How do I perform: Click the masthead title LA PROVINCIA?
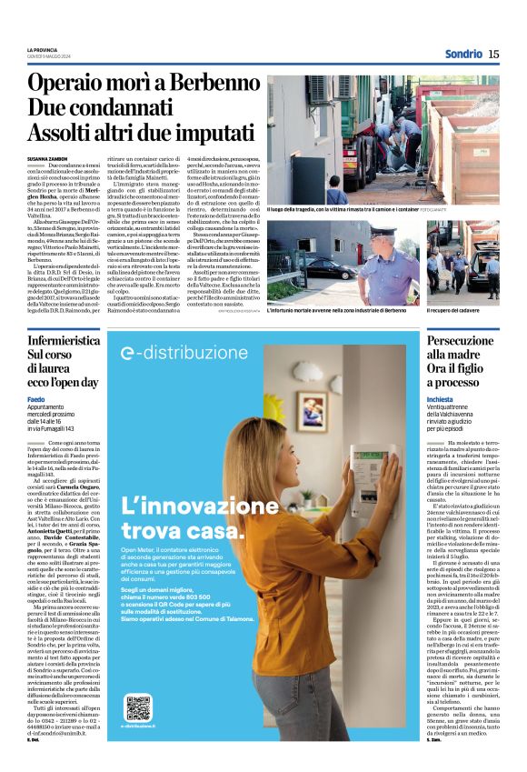point(42,49)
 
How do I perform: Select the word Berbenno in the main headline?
point(202,84)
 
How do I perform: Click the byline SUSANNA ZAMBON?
point(47,157)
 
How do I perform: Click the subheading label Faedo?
point(35,400)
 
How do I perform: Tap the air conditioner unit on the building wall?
point(320,88)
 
